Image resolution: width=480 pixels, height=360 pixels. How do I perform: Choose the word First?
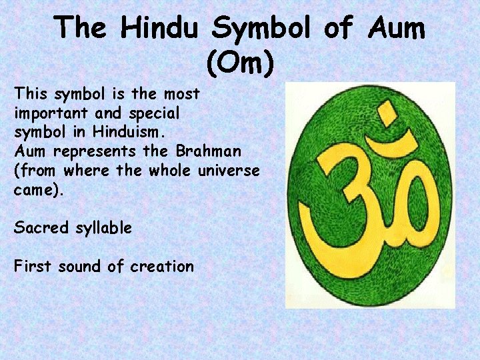pos(33,267)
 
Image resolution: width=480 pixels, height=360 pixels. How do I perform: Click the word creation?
pos(162,267)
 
